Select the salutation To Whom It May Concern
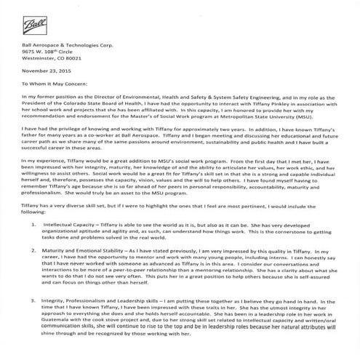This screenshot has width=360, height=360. [58, 84]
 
